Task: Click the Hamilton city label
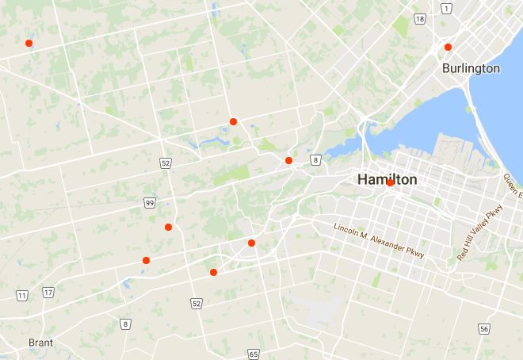point(387,180)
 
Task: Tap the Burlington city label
point(471,68)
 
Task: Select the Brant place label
point(40,343)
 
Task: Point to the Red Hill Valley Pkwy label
point(480,232)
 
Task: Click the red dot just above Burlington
point(448,47)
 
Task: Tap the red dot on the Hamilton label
point(391,182)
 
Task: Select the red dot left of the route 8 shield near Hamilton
point(288,160)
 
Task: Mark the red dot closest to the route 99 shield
point(168,228)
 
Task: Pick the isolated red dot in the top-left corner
point(29,43)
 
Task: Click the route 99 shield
point(150,203)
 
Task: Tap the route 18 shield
point(419,18)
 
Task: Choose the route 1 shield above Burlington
point(446,8)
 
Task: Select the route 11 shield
point(22,295)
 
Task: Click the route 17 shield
point(48,293)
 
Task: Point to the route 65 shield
point(253,354)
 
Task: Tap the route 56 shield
point(483,328)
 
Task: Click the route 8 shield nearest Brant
point(125,324)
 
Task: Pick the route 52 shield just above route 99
point(165,163)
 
